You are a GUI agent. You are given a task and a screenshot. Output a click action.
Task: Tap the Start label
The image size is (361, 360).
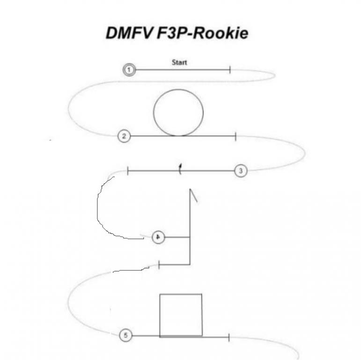pos(180,62)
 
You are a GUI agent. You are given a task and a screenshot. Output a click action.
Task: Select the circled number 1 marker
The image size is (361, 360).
pos(129,70)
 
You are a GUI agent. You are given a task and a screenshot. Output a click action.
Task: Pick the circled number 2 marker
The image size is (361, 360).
pos(124,136)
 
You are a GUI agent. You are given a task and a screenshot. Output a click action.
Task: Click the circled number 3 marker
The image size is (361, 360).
pos(241,171)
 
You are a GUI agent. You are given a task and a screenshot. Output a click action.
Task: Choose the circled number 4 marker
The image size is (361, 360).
pos(159,238)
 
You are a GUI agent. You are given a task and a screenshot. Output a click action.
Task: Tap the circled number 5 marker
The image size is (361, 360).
pos(125,335)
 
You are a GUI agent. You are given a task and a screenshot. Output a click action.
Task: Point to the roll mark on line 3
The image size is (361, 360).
pos(180,169)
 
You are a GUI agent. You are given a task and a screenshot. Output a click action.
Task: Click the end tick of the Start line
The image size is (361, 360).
pos(230,70)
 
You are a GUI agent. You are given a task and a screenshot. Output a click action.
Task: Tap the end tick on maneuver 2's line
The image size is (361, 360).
pos(236,136)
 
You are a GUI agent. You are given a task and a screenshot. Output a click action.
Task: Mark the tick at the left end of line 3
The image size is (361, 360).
pos(128,171)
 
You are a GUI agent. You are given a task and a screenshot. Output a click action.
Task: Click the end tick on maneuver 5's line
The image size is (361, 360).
pos(228,337)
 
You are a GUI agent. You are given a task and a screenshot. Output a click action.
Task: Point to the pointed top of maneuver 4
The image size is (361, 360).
pos(190,189)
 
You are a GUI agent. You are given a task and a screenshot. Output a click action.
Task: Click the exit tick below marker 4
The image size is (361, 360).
pos(159,265)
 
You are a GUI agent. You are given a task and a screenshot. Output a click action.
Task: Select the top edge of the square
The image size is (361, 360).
pos(181,294)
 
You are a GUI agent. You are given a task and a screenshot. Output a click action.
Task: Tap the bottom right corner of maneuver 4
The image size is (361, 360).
pos(190,264)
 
